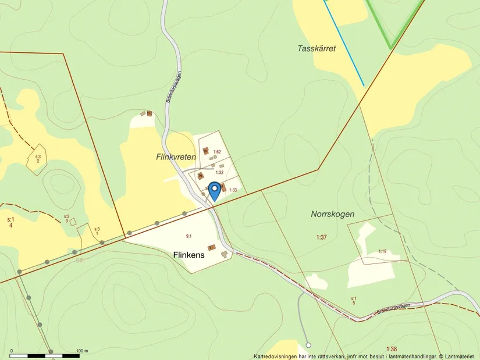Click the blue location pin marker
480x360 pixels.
click(214, 190)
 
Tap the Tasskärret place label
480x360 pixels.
click(317, 49)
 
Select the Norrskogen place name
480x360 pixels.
click(332, 214)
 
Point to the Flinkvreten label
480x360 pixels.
click(176, 157)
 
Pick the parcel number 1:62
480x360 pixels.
click(217, 152)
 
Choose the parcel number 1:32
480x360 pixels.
click(219, 172)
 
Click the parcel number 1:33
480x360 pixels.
click(233, 190)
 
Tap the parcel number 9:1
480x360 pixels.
click(189, 236)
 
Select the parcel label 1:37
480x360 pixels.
click(322, 237)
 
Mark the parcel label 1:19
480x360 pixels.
click(382, 251)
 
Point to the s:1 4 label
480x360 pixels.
click(10, 222)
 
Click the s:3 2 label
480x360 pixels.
click(38, 158)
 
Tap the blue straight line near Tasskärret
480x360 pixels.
click(344, 43)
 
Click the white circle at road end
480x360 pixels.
click(308, 344)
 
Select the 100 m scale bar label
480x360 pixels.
click(81, 351)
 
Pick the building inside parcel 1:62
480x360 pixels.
click(205, 151)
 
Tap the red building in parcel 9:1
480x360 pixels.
click(212, 247)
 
